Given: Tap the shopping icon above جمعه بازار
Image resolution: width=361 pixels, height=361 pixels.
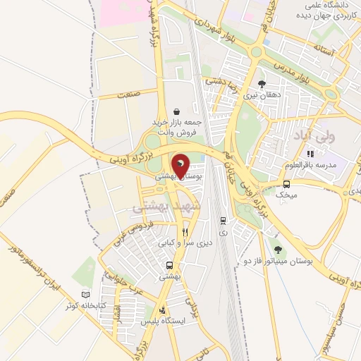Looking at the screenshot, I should [176, 111].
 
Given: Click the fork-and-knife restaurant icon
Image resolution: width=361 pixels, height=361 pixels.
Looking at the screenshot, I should [185, 232].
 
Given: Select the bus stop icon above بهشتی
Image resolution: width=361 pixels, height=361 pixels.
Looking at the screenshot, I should [169, 266].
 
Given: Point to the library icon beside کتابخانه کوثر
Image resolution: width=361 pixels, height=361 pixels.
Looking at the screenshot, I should [87, 294].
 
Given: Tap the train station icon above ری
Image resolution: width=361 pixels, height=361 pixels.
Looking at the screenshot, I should [223, 220].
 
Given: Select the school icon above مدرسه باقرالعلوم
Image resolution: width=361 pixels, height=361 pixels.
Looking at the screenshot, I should [309, 153].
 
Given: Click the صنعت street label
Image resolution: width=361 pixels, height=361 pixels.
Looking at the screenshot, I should [129, 93].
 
